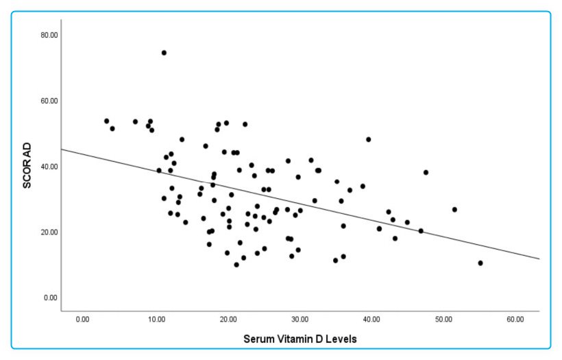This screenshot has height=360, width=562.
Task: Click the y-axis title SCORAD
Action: point(28,165)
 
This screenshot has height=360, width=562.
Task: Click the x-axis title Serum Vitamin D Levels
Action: point(300,338)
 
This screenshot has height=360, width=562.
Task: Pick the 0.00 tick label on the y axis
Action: point(49,298)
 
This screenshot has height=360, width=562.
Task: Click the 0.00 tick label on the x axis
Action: point(83,319)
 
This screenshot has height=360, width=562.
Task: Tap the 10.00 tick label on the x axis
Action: point(155,319)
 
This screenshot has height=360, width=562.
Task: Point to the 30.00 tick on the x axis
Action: point(300,319)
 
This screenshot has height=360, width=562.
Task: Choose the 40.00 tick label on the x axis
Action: point(371,319)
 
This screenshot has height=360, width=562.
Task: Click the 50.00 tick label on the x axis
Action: point(443,319)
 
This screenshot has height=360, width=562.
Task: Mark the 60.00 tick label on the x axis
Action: point(515,319)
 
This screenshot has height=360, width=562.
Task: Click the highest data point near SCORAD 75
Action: point(164,53)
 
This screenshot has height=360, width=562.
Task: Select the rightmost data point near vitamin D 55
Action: point(480,263)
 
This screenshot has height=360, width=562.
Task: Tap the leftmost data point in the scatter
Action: point(106,121)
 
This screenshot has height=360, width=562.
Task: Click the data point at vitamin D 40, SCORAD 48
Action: point(368,139)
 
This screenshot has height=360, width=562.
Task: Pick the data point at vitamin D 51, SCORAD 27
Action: point(454,209)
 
